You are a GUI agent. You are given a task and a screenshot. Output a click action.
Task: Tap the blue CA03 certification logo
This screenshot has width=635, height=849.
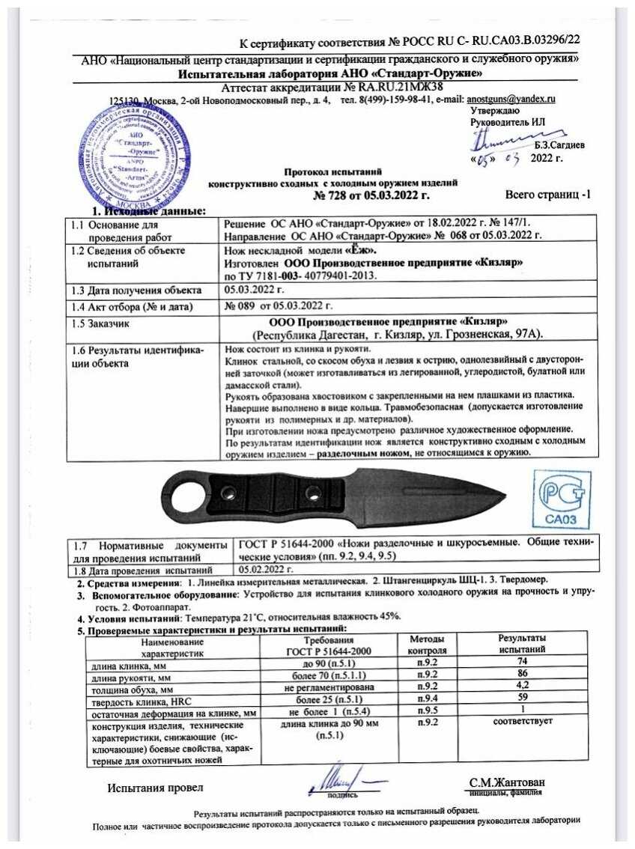click(562, 499)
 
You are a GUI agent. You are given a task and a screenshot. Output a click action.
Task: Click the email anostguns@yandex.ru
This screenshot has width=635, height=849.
click(511, 99)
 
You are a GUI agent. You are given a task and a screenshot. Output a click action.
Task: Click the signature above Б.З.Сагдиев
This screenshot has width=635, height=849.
click(500, 139)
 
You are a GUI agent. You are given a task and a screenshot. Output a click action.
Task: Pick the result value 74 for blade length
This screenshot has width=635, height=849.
click(522, 663)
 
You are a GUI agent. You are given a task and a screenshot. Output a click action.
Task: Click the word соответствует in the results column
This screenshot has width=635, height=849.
click(522, 722)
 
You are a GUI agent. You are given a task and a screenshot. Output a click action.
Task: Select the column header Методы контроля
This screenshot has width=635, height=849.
click(428, 645)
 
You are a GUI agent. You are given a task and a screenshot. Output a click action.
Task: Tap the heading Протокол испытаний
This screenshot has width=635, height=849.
click(332, 171)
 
